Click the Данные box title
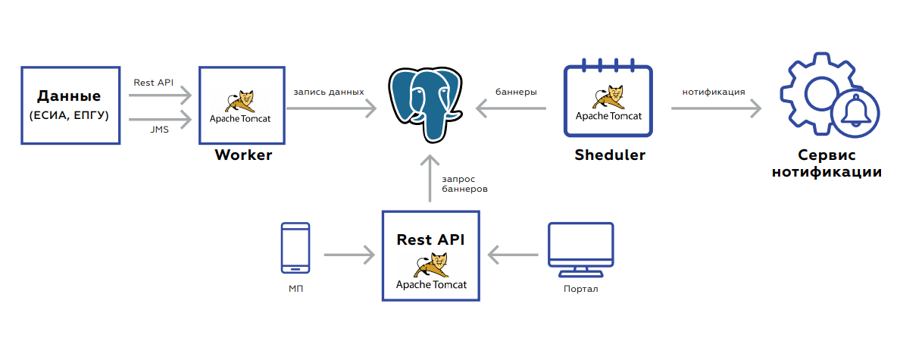[69, 97]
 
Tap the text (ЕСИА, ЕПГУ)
[69, 116]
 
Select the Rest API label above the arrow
[153, 82]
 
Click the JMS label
[160, 130]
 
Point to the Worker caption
[243, 155]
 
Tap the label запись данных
[329, 92]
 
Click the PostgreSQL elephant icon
[426, 104]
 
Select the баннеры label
[516, 92]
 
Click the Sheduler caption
[609, 155]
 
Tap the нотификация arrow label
[713, 92]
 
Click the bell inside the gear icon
[856, 111]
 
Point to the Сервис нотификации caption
[827, 164]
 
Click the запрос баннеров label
[464, 183]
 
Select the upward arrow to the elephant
[430, 179]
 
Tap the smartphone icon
[295, 248]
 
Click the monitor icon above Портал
[580, 251]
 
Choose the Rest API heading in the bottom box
[430, 239]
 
